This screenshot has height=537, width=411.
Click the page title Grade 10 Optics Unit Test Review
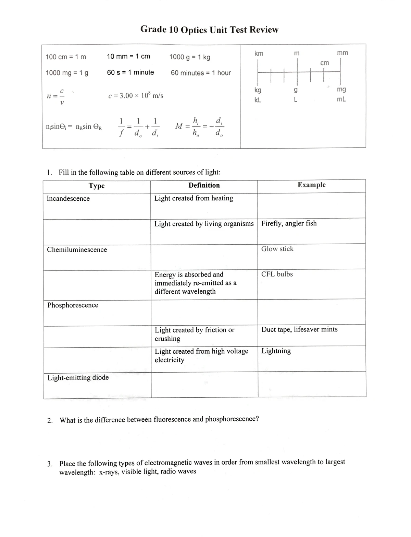pyautogui.click(x=209, y=30)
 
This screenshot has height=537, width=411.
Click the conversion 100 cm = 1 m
pyautogui.click(x=66, y=57)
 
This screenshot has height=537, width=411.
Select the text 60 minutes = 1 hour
pyautogui.click(x=201, y=73)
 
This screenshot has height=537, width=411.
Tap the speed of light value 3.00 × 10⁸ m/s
pyautogui.click(x=136, y=96)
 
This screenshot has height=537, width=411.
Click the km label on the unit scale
pyautogui.click(x=259, y=54)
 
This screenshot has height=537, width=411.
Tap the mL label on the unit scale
pyautogui.click(x=341, y=100)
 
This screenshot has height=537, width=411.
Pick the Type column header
pyautogui.click(x=97, y=186)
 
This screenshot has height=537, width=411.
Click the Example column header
pyautogui.click(x=311, y=185)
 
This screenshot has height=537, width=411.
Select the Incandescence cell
pyautogui.click(x=68, y=199)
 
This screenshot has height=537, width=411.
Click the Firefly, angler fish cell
pyautogui.click(x=289, y=223)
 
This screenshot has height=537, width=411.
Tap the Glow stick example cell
pyautogui.click(x=277, y=249)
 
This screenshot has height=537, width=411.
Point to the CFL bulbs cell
pyautogui.click(x=277, y=274)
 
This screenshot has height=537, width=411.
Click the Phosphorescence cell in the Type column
pyautogui.click(x=73, y=305)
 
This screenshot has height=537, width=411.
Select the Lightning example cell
pyautogui.click(x=276, y=351)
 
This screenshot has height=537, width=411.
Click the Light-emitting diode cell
pyautogui.click(x=78, y=377)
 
